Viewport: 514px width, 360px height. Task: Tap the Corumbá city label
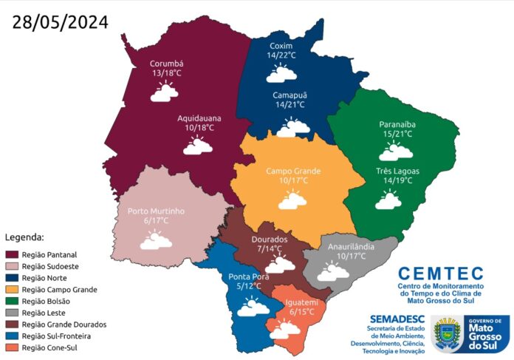[166, 64]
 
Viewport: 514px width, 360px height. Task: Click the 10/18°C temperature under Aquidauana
[199, 128]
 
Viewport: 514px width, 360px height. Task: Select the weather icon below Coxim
[281, 72]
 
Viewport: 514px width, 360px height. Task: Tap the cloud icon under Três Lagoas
[388, 200]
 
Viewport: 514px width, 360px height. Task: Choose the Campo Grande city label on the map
[293, 171]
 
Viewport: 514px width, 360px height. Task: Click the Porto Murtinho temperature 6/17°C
[156, 220]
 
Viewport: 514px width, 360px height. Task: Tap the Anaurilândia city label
[351, 246]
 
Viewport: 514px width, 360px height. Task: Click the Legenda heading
[25, 237]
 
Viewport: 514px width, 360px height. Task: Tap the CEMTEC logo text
[440, 274]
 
